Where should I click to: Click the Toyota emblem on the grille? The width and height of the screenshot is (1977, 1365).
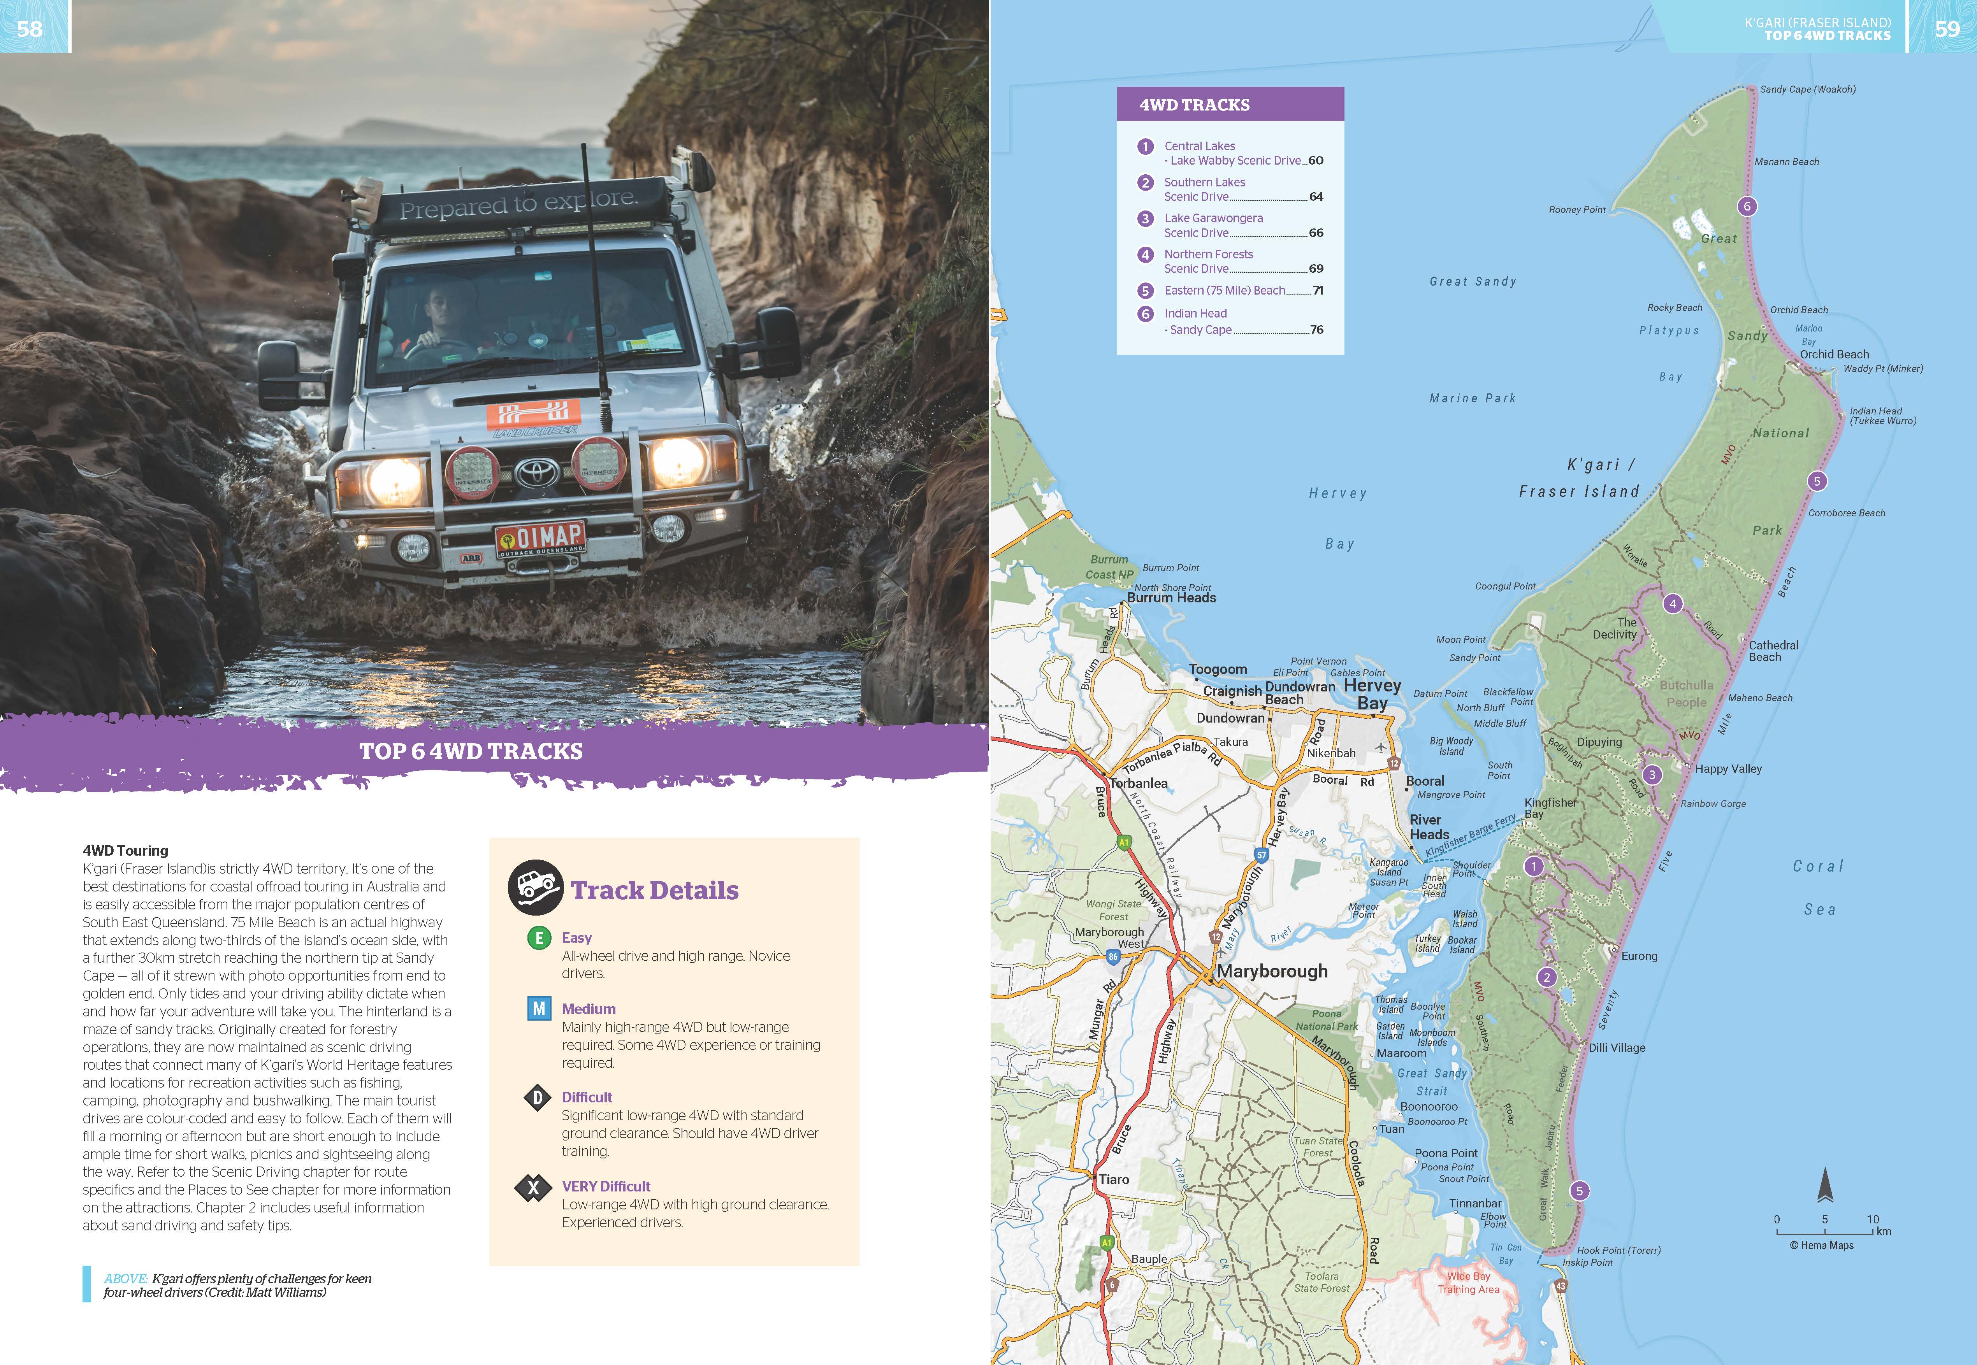coord(536,470)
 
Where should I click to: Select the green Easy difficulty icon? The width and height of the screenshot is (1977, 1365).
coord(538,938)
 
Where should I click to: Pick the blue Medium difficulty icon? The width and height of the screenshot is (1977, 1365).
coord(538,1009)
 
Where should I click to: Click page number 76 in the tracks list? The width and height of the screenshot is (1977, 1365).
coord(1316,329)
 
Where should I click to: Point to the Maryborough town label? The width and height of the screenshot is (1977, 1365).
coord(1272,971)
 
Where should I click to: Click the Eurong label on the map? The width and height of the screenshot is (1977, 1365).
coord(1639,956)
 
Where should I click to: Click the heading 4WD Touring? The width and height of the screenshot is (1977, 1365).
coord(125,850)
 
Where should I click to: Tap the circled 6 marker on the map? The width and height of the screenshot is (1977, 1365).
coord(1747,206)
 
